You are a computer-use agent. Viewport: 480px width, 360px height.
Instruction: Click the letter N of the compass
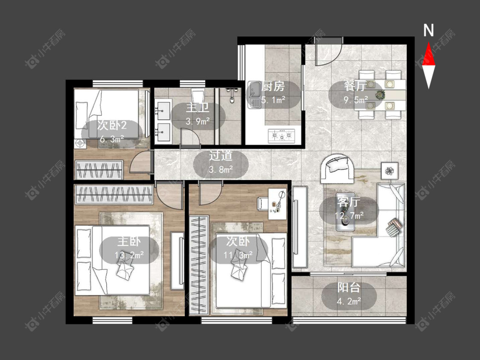coord(428,30)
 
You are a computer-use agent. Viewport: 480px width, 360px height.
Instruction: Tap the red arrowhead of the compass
coord(428,55)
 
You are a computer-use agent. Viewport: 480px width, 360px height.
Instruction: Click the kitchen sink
coord(254,94)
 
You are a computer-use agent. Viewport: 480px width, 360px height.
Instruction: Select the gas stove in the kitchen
coord(282,136)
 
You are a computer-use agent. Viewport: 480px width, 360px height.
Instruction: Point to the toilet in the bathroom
coord(198,95)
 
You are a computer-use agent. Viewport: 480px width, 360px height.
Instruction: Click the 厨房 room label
coord(273,87)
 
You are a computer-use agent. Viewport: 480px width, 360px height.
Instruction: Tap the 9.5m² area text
coord(356,100)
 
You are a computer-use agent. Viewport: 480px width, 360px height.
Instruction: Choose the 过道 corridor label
coord(221,156)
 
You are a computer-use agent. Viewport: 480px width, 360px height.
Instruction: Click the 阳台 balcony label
coord(349,288)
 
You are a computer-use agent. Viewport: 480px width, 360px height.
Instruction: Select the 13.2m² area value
coord(129,255)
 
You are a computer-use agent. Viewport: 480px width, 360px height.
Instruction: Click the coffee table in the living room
coord(346,212)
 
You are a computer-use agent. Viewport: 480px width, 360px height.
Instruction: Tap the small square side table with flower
coord(390,171)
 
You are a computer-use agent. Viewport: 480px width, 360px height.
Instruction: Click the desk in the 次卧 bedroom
coord(277,204)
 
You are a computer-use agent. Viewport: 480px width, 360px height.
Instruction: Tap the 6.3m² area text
coord(112,139)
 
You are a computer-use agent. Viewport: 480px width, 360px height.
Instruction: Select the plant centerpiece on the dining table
coord(380,95)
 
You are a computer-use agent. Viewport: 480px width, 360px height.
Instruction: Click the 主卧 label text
coord(129,242)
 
